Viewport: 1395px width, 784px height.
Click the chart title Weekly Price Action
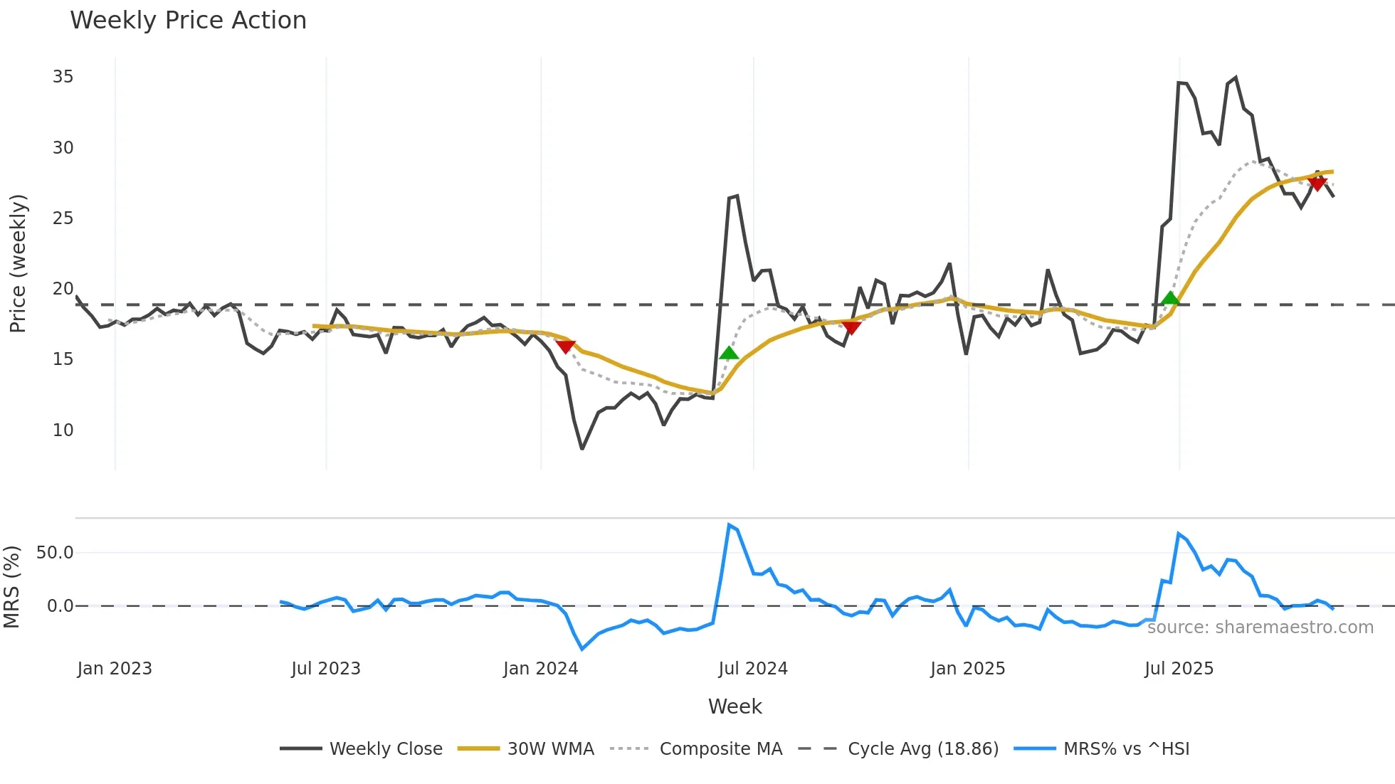188,21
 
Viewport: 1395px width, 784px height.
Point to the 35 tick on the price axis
63,77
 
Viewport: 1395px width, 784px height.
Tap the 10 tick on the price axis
63,430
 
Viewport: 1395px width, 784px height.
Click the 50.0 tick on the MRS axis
55,553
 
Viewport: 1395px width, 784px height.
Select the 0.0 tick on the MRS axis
60,606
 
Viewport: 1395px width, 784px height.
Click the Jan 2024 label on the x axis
540,669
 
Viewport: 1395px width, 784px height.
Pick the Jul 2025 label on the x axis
1179,669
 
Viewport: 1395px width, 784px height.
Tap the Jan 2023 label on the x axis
115,669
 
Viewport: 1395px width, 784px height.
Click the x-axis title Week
735,706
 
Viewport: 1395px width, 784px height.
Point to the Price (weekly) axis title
18,263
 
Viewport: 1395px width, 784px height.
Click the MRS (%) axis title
12,587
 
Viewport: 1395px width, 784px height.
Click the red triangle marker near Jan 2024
565,346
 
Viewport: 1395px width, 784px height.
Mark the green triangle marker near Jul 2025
1170,298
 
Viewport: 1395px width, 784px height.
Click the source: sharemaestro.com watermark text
1260,627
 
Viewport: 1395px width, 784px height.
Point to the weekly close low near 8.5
582,448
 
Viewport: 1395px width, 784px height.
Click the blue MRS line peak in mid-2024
729,525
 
